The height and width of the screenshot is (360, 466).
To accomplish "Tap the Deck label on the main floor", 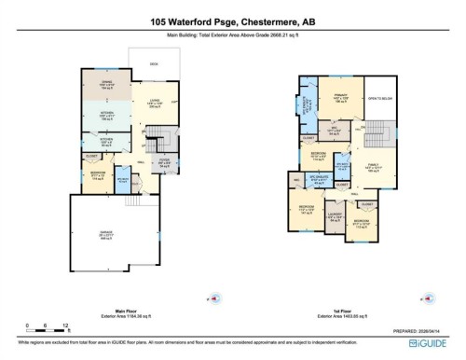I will click(x=153, y=64).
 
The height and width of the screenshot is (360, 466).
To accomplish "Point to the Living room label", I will click(x=152, y=105).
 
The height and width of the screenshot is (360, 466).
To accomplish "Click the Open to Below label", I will click(x=379, y=98).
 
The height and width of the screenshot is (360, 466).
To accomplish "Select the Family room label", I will click(x=373, y=168).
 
